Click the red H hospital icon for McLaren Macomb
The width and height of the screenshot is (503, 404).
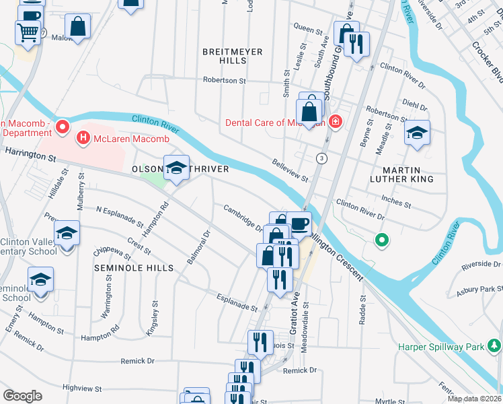(83, 139)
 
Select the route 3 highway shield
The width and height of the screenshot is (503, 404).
(323, 158)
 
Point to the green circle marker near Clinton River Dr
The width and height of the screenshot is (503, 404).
(381, 239)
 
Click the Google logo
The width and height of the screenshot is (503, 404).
(22, 396)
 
